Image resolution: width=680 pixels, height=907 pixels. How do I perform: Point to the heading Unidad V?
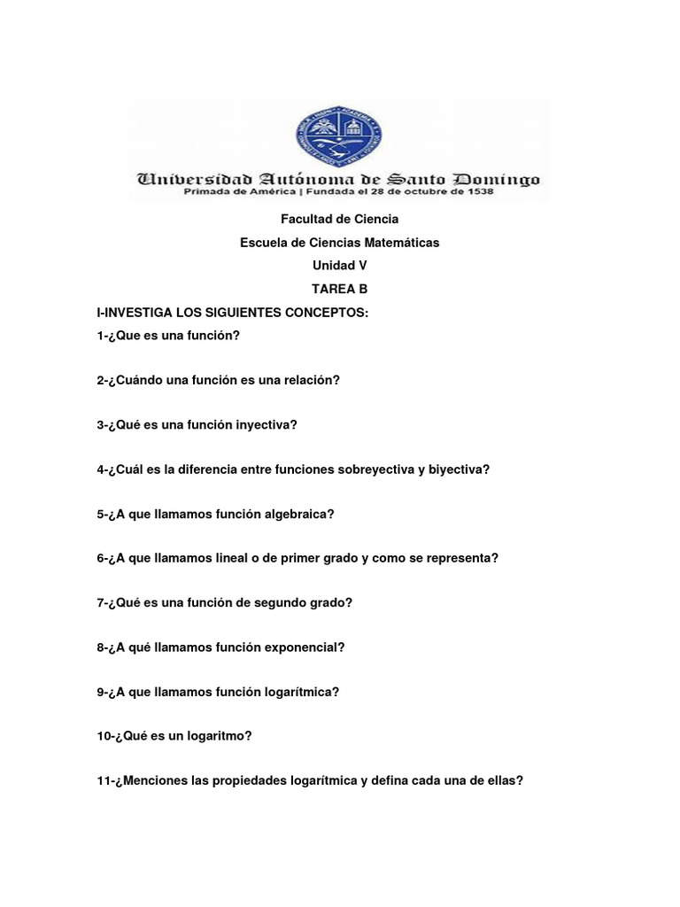(339, 265)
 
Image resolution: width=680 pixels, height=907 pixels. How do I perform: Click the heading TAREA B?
(339, 289)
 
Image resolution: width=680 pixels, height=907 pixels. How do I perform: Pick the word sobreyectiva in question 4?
(376, 469)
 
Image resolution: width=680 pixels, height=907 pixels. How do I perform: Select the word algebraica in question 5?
(302, 514)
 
